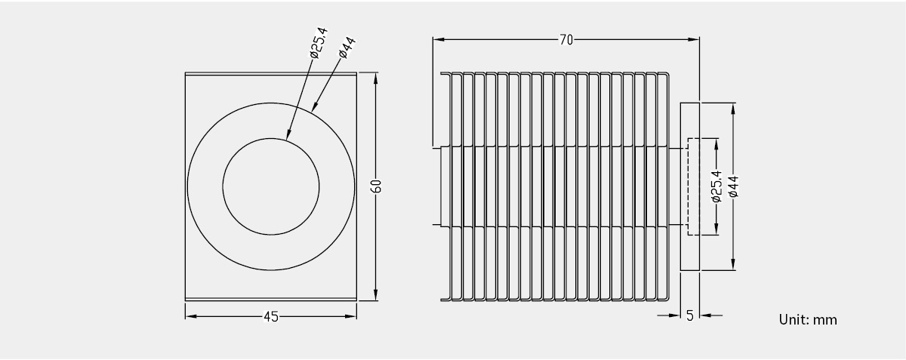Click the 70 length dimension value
(x=566, y=40)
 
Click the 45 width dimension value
(x=271, y=316)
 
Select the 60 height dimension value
(x=376, y=186)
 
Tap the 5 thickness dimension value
(x=690, y=315)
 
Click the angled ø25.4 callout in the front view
(x=319, y=43)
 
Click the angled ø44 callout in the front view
(x=347, y=48)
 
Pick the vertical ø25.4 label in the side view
(x=716, y=186)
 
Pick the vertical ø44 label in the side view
(x=734, y=186)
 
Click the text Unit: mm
(x=808, y=319)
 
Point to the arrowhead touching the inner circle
(x=288, y=134)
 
